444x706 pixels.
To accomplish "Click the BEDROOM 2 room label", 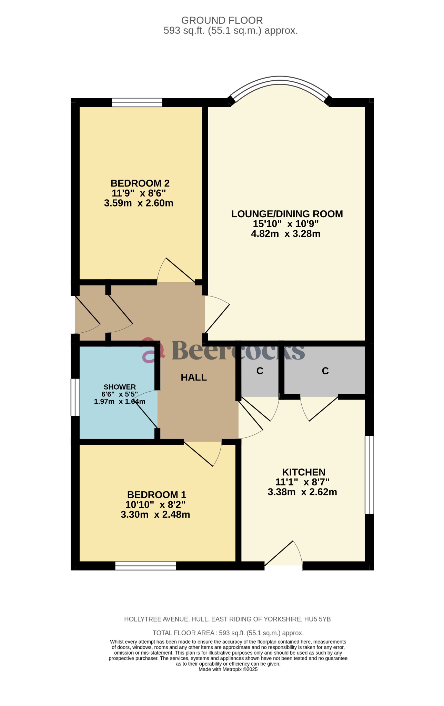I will point(140,183).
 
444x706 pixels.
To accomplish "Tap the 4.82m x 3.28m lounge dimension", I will point(285,234).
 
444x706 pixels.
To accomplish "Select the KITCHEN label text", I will point(303,472).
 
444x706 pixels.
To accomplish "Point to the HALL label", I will point(194,377).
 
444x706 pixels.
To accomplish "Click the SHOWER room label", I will point(120,387).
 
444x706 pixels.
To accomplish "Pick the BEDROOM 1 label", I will point(157,495).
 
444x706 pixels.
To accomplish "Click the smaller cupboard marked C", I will point(260,371).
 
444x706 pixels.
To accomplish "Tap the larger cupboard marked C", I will point(325,371).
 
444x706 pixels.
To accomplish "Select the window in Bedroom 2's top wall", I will point(137,102).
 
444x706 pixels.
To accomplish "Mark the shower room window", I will point(75,397).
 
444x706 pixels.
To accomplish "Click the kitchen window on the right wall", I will point(369,475).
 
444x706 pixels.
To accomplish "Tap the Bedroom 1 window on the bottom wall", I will point(145,566).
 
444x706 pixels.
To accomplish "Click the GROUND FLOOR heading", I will point(222,20).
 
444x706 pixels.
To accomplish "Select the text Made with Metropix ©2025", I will point(228,669).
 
